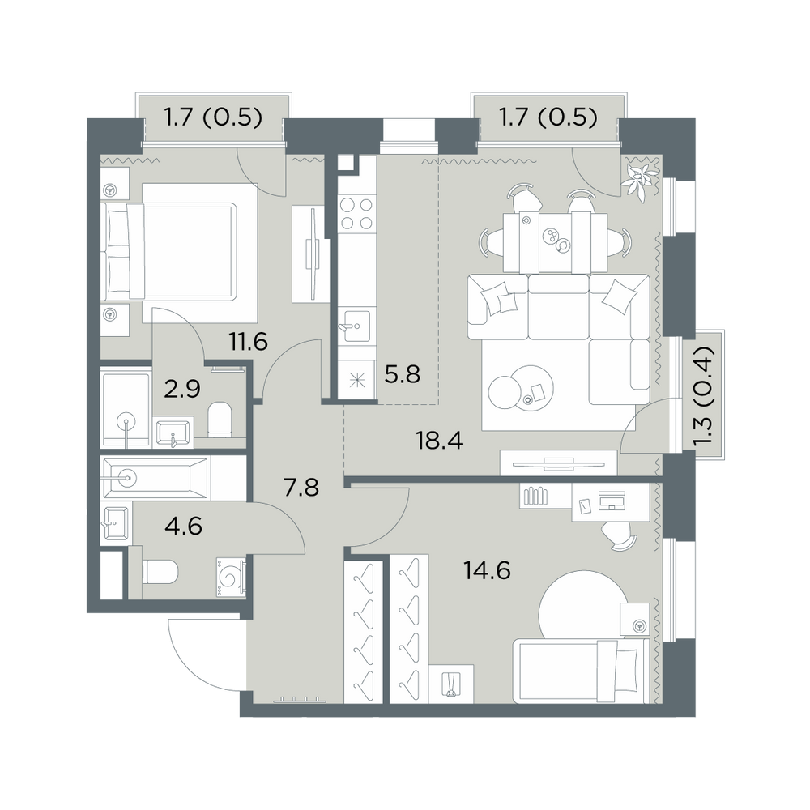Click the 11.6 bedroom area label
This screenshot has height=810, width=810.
coord(249,342)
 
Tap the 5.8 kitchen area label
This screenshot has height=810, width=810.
coord(403,374)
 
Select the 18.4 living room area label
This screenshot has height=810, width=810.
coord(438,441)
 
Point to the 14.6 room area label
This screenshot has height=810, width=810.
coord(487,571)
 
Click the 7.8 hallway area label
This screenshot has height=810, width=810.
coord(301,487)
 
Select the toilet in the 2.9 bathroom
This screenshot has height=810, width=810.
coord(220,420)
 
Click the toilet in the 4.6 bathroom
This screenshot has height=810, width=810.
coord(160,573)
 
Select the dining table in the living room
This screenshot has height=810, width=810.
coord(556,241)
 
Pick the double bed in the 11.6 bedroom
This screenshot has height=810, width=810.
coord(170,251)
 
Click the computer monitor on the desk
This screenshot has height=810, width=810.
coord(612,500)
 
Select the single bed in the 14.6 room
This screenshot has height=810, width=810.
coord(581,671)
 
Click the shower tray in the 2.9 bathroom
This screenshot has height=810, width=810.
coord(126,407)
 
